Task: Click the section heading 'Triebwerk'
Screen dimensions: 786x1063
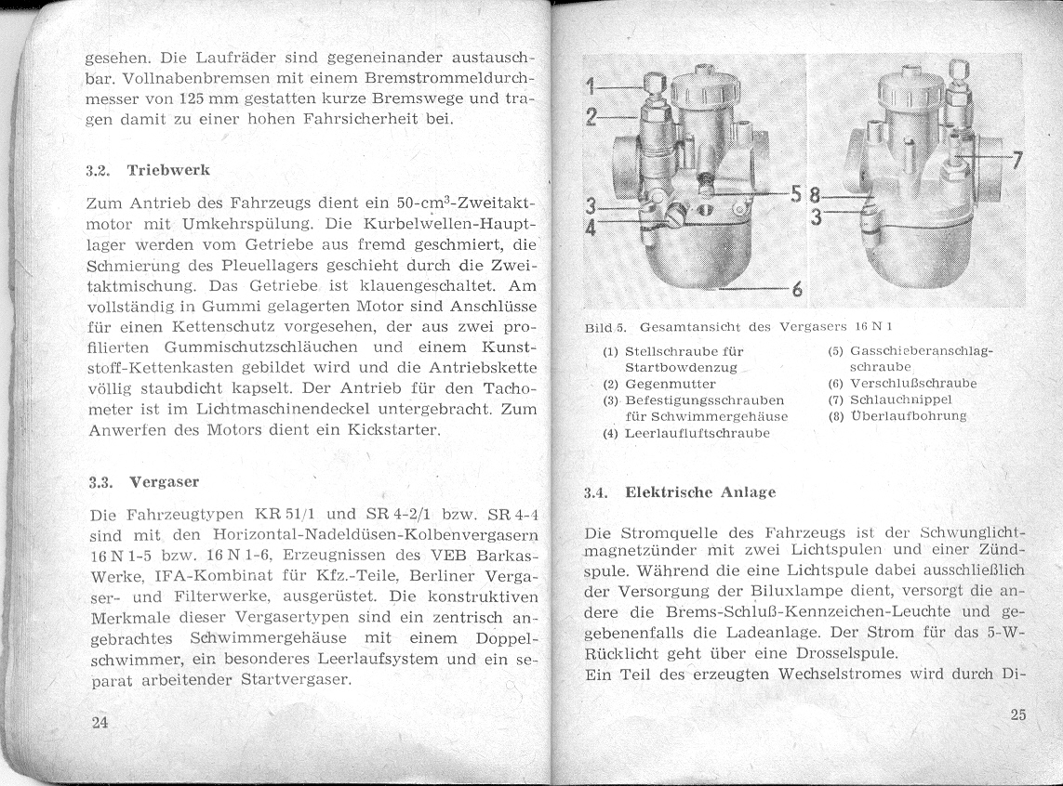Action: (167, 171)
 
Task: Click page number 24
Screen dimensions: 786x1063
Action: (100, 724)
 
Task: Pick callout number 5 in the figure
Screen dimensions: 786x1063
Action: (796, 194)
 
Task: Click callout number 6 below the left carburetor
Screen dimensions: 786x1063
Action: (796, 288)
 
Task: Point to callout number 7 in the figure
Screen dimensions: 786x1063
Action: (1016, 160)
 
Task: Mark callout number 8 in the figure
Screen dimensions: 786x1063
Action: (814, 197)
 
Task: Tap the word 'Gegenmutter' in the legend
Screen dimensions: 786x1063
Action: (670, 384)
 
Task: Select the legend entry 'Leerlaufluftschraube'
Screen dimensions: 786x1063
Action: (697, 433)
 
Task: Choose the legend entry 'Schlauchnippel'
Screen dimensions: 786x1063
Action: (901, 400)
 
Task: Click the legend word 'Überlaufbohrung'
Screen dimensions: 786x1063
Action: (908, 416)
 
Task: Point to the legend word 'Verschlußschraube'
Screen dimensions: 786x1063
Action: (912, 383)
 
